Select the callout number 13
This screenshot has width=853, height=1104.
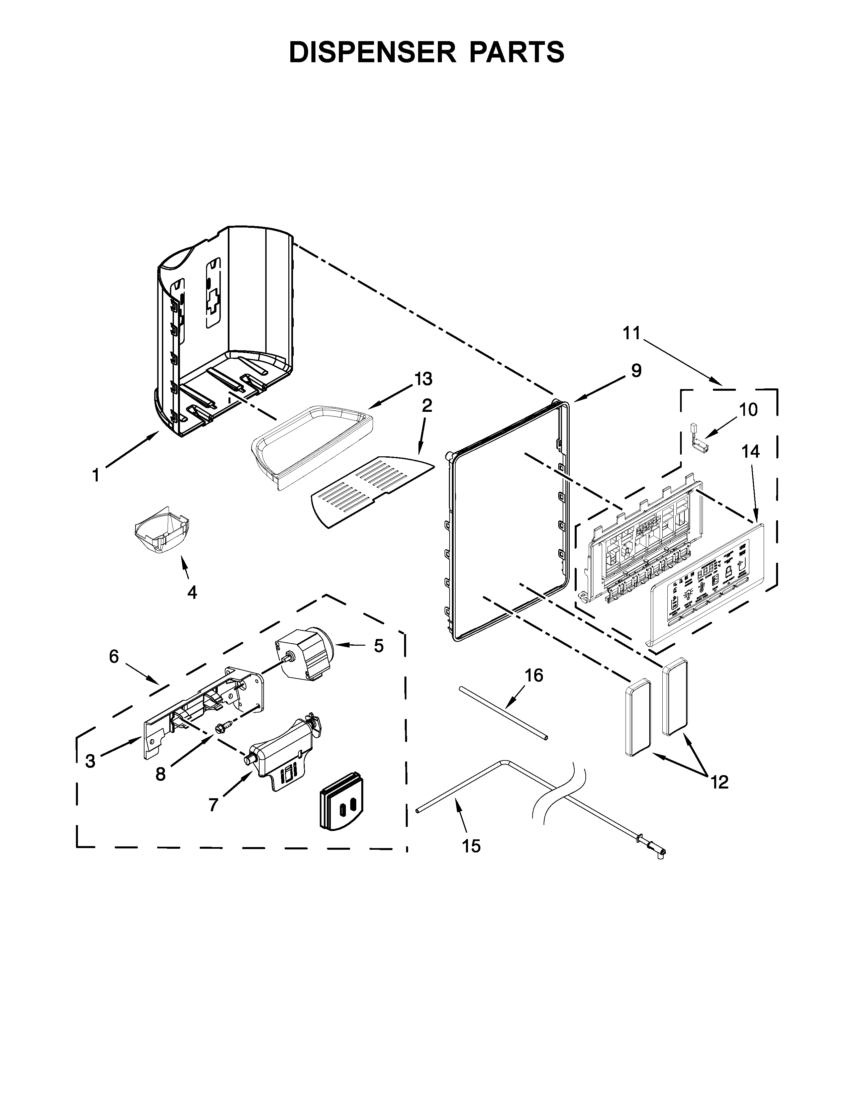(x=423, y=379)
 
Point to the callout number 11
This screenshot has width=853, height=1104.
(x=631, y=333)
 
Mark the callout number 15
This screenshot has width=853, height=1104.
(x=471, y=846)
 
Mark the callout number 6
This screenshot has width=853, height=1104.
(x=114, y=657)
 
